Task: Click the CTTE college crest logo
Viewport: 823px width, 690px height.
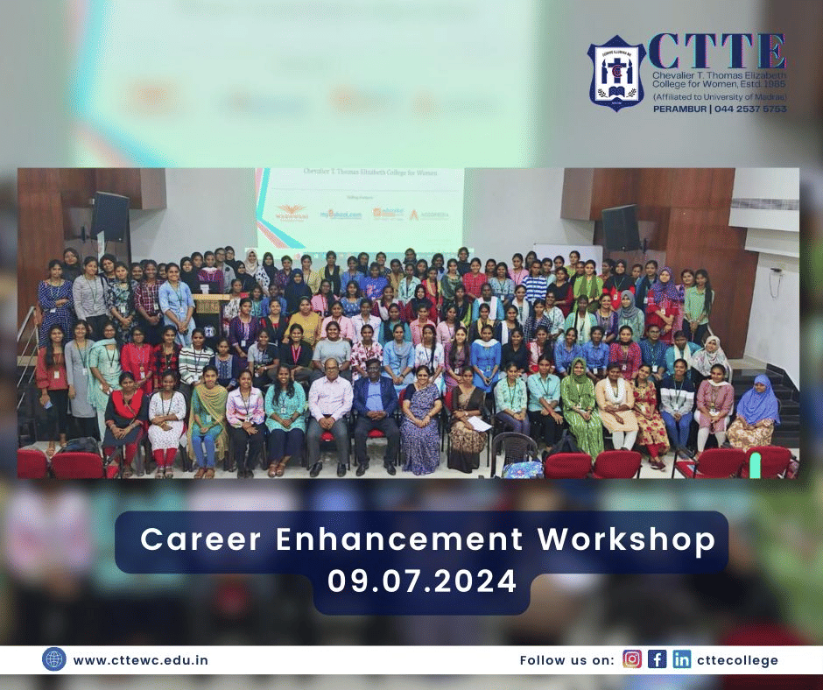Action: pyautogui.click(x=616, y=73)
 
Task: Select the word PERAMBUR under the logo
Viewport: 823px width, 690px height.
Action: pyautogui.click(x=679, y=109)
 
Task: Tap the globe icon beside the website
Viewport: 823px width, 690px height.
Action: pyautogui.click(x=53, y=659)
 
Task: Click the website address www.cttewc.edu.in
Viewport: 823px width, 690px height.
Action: pyautogui.click(x=141, y=660)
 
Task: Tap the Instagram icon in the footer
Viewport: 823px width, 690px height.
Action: pyautogui.click(x=632, y=659)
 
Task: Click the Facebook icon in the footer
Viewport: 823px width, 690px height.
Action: pyautogui.click(x=657, y=659)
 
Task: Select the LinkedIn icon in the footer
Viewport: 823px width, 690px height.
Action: pyautogui.click(x=681, y=659)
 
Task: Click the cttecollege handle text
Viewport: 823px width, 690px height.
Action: pyautogui.click(x=737, y=660)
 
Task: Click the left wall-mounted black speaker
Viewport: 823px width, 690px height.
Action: pyautogui.click(x=109, y=215)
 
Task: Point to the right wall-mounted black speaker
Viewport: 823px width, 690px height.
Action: pyautogui.click(x=621, y=226)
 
